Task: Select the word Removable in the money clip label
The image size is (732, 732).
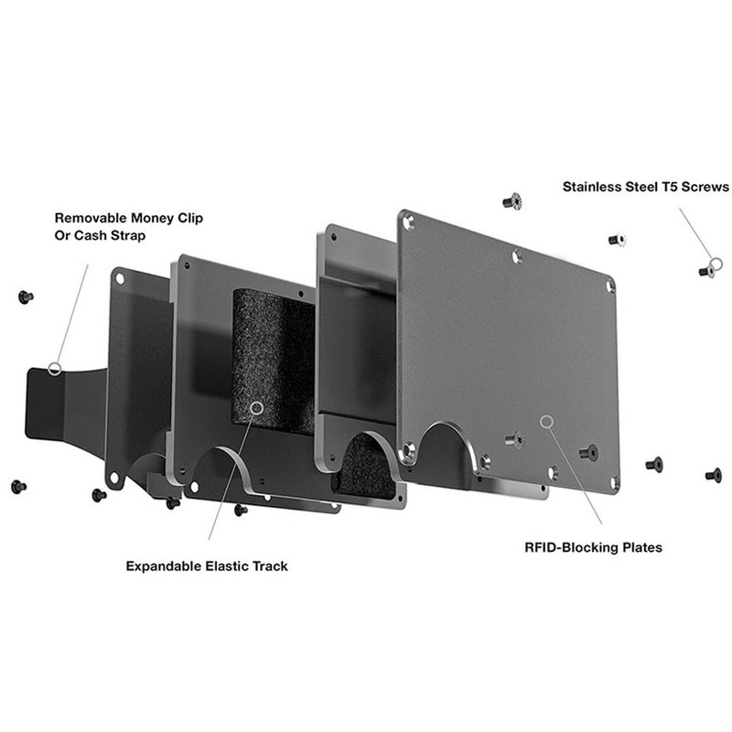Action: [x=91, y=219]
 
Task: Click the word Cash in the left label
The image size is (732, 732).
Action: [x=91, y=236]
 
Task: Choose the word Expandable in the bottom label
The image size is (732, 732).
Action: [x=165, y=566]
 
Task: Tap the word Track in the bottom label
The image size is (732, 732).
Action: [x=271, y=566]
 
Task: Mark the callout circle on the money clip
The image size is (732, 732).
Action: [x=55, y=369]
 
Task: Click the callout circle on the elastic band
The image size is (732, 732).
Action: [x=256, y=407]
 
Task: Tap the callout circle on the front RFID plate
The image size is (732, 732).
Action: [x=546, y=421]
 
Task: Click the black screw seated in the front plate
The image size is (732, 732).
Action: [x=587, y=451]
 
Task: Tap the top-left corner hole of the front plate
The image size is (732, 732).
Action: [x=408, y=221]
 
